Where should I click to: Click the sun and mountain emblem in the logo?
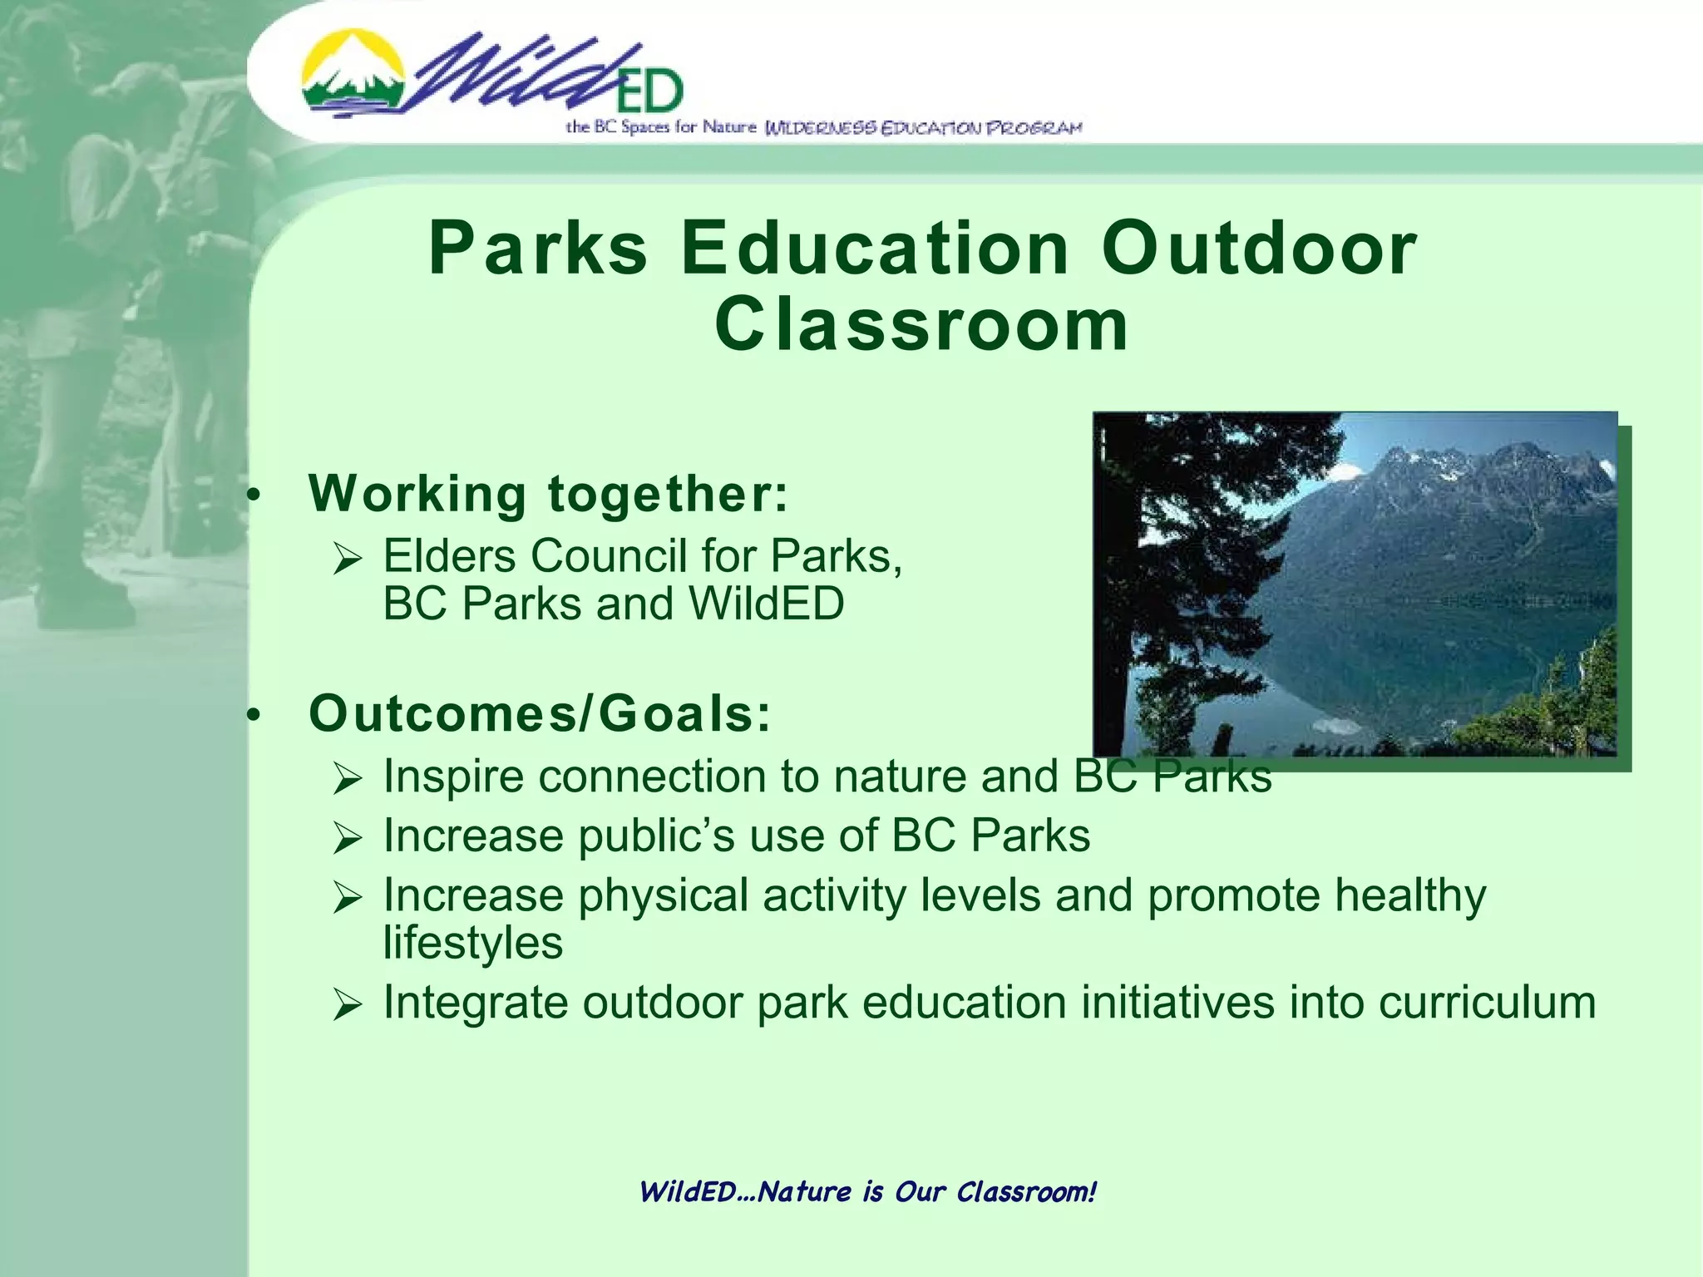(353, 73)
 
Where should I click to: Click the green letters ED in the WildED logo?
(649, 91)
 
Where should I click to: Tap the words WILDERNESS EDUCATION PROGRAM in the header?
(923, 128)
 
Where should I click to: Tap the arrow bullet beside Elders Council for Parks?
(347, 559)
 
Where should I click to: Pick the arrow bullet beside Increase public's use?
(347, 838)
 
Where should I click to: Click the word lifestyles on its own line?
(472, 943)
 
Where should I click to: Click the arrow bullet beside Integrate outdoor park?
(347, 1006)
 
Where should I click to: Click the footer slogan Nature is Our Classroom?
(927, 1192)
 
